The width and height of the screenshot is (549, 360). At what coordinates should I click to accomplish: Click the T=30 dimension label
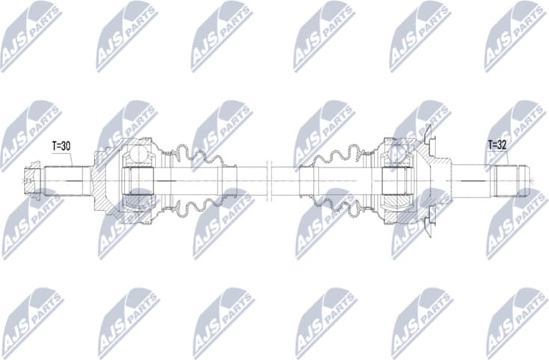pos(61,145)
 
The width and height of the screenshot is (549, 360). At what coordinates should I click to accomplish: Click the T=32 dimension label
pos(497,145)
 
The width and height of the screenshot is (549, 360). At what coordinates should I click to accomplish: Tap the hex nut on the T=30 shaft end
pos(31,178)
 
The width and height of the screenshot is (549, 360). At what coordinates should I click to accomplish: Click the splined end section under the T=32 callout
pos(512,179)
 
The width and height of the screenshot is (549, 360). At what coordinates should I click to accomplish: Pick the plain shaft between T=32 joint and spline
pos(471,179)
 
